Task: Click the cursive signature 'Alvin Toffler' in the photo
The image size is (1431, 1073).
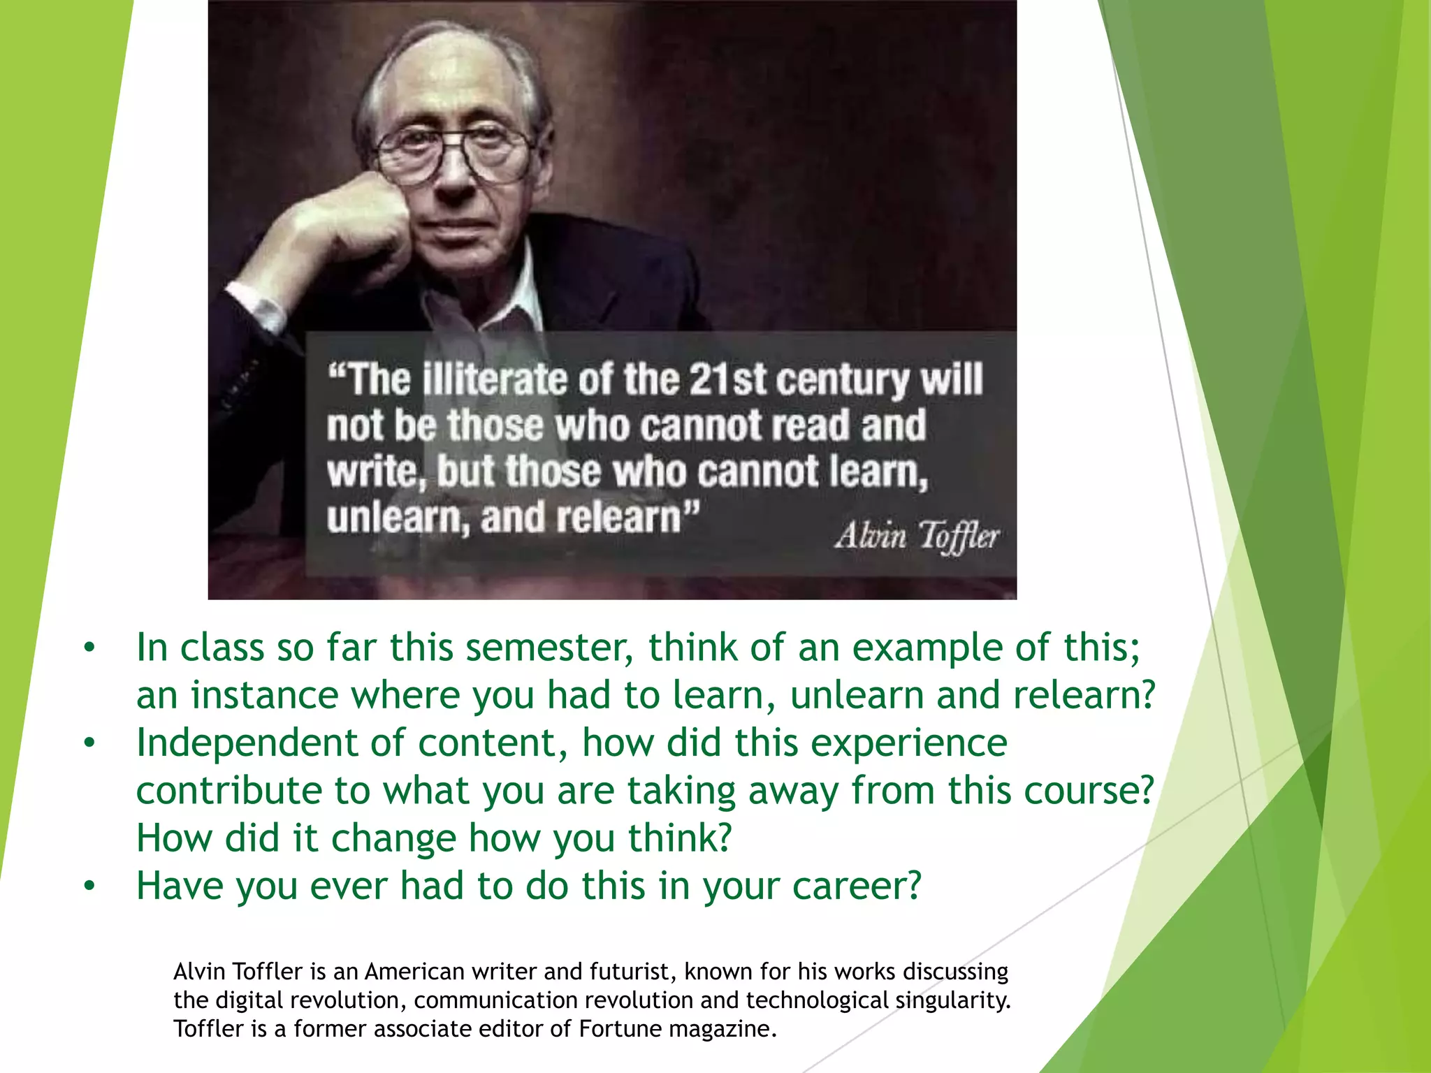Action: click(917, 536)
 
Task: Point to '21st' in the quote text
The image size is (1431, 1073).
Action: click(727, 380)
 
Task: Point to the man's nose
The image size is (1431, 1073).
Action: click(454, 175)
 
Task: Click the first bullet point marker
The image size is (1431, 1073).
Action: click(89, 648)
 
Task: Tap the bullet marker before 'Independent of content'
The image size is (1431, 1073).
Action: click(89, 743)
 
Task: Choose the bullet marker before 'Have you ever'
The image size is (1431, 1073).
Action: click(89, 886)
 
